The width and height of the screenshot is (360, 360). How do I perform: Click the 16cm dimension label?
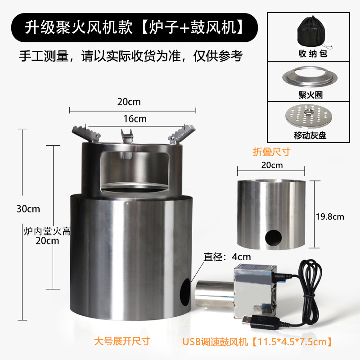coord(135,119)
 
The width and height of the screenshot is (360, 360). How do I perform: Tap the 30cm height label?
coord(27,209)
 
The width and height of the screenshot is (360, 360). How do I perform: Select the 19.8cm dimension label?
coord(329,216)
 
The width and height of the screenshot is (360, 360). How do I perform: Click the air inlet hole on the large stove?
coord(184,292)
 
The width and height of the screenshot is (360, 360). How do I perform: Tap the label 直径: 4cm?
coord(227,257)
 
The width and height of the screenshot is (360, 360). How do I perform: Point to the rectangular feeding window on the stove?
coord(135,171)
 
